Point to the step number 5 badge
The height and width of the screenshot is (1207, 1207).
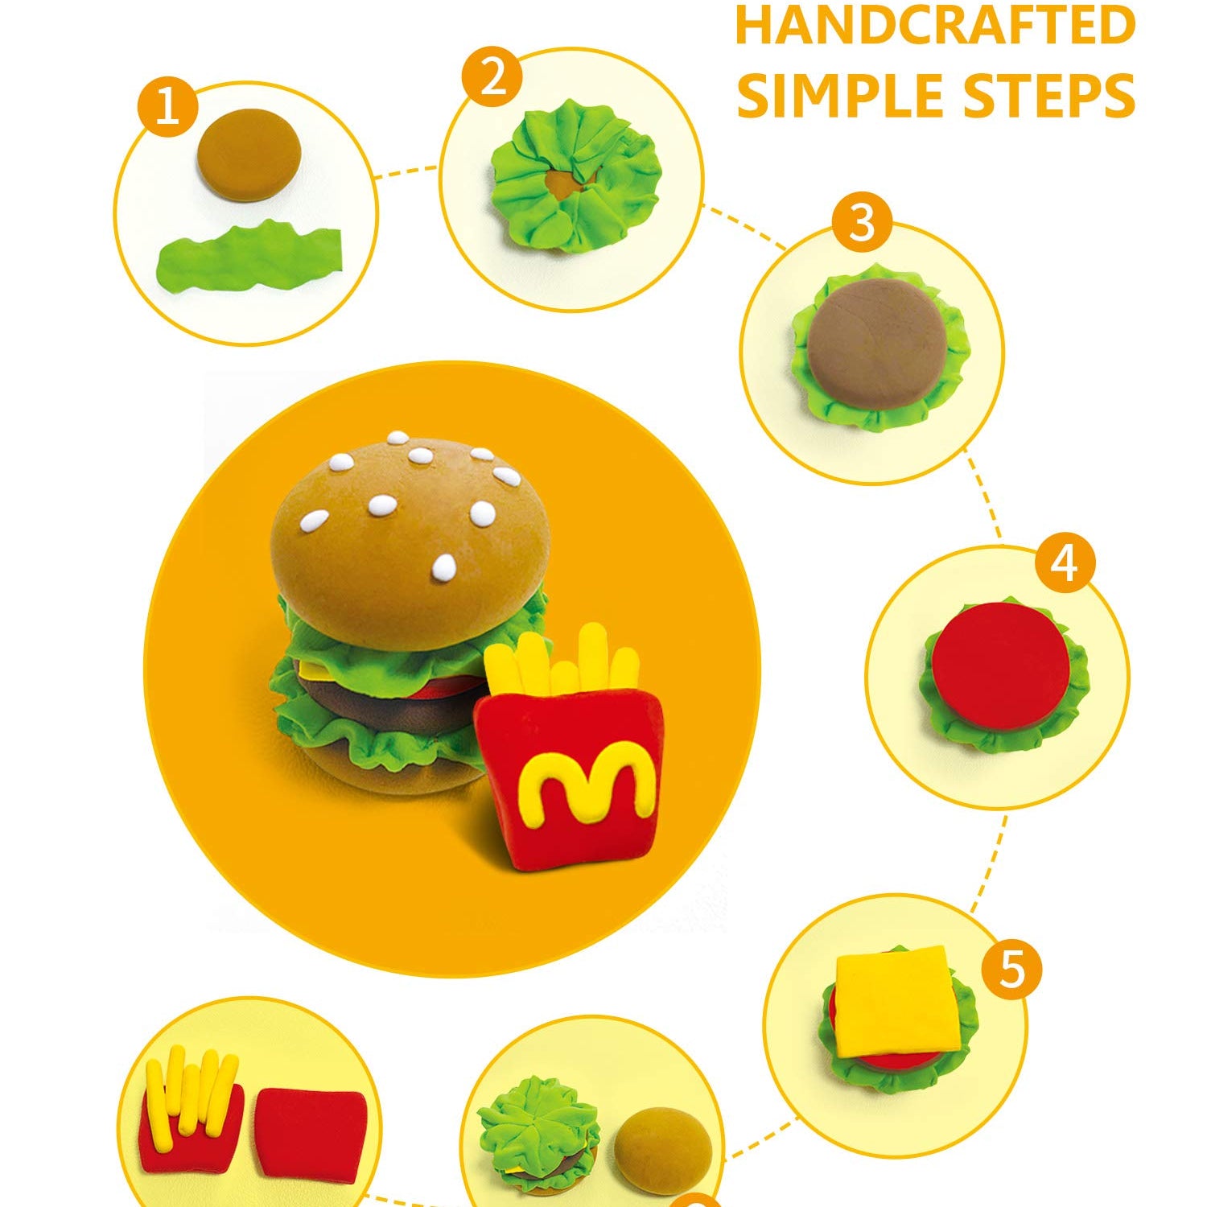click(1011, 969)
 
